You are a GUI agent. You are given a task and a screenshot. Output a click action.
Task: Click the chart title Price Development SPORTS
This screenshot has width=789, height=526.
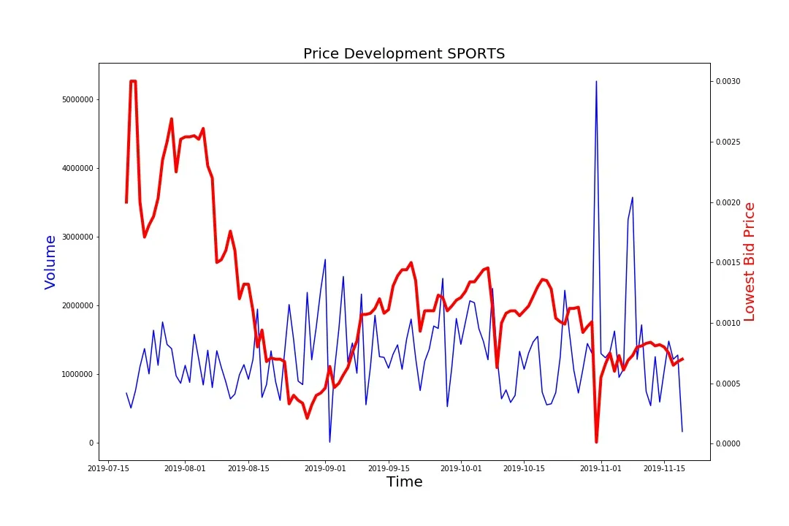pos(404,53)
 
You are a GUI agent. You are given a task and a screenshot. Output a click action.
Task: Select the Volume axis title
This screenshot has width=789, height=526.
pos(50,262)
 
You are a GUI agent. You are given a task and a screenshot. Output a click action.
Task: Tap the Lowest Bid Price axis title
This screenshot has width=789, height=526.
pos(749,262)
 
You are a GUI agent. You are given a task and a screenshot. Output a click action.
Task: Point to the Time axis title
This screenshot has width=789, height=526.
pos(404,481)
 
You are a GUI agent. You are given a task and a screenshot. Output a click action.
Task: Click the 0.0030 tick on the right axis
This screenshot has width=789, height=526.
pos(728,81)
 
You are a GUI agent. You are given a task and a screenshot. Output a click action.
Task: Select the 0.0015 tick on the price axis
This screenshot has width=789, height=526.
pos(728,262)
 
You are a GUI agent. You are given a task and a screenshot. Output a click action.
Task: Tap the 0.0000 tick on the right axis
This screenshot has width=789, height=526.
pos(728,443)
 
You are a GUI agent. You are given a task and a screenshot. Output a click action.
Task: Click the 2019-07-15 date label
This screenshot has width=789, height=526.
pos(109,468)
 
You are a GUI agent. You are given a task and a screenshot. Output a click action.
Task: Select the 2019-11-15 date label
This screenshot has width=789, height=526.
pos(665,468)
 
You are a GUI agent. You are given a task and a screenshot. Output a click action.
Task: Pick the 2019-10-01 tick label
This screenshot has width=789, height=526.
pos(461,468)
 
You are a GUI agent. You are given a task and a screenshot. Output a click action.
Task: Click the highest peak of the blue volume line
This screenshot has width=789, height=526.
pos(596,82)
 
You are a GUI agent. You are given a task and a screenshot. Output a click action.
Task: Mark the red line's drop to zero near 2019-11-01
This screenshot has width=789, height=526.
pos(596,441)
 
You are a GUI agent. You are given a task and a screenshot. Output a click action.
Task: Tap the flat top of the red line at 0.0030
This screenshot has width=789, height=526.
pos(133,81)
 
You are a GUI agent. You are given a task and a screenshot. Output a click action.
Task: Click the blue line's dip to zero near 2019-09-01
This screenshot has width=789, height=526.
pos(329,441)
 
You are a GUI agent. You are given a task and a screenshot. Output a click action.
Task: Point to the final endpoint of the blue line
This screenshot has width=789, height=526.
pos(682,431)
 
